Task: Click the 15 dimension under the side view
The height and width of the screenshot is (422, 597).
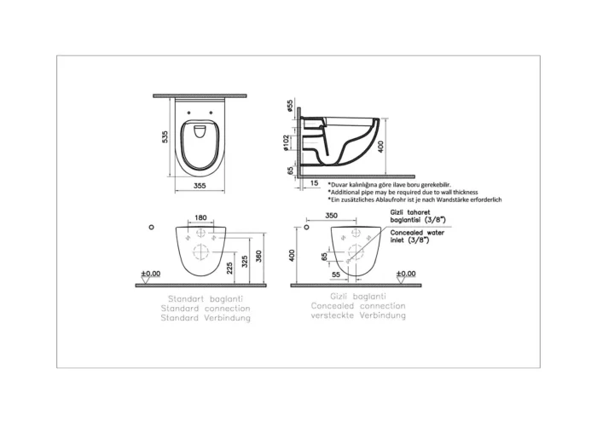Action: coord(315,183)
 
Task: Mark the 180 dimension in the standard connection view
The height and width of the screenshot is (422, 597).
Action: coord(200,218)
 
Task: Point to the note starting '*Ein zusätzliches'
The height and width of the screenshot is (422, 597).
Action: coord(414,200)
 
